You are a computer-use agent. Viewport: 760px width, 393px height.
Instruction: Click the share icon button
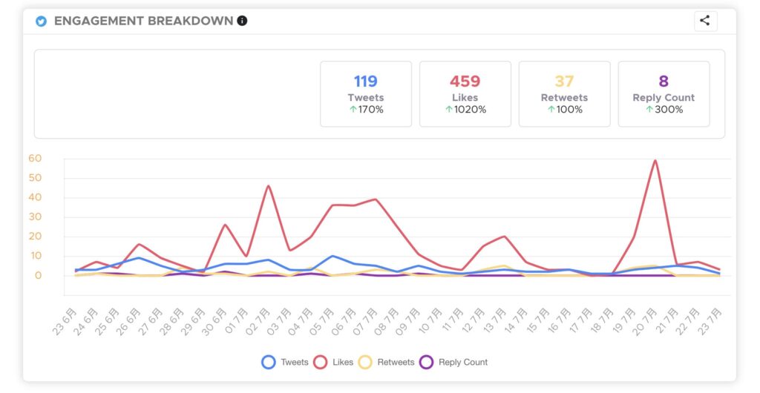point(704,21)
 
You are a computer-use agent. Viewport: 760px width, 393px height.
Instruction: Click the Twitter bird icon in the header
point(42,21)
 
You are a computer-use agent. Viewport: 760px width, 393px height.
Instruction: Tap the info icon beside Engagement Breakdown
point(242,21)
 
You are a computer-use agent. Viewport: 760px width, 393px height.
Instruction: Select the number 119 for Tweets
point(365,81)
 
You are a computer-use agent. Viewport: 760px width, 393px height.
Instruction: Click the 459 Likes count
point(465,81)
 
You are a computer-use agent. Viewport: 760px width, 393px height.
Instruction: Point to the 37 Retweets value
point(564,81)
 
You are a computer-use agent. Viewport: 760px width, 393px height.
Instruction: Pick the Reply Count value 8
point(664,81)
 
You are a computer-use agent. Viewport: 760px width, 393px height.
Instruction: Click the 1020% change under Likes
point(465,110)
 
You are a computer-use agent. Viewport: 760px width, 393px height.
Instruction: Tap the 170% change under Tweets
point(366,110)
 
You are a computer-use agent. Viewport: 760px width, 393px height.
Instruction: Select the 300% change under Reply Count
point(664,110)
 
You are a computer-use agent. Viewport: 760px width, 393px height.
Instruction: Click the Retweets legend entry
point(387,362)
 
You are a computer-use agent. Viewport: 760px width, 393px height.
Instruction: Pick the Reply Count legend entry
point(453,362)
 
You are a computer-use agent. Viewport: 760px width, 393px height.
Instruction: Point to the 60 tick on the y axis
point(35,158)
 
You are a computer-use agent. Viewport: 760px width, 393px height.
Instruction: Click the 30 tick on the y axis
point(35,217)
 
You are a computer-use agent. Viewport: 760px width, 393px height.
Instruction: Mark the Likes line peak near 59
point(655,160)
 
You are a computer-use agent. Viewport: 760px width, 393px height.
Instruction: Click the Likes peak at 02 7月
point(268,185)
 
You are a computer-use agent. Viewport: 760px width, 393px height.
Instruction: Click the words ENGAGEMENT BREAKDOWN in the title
point(143,21)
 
